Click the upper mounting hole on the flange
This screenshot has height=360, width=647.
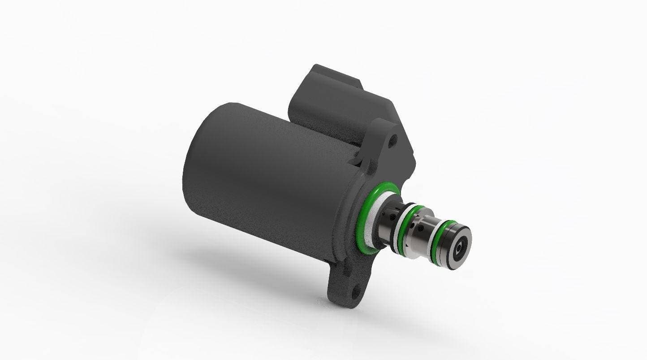click(x=393, y=140)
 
